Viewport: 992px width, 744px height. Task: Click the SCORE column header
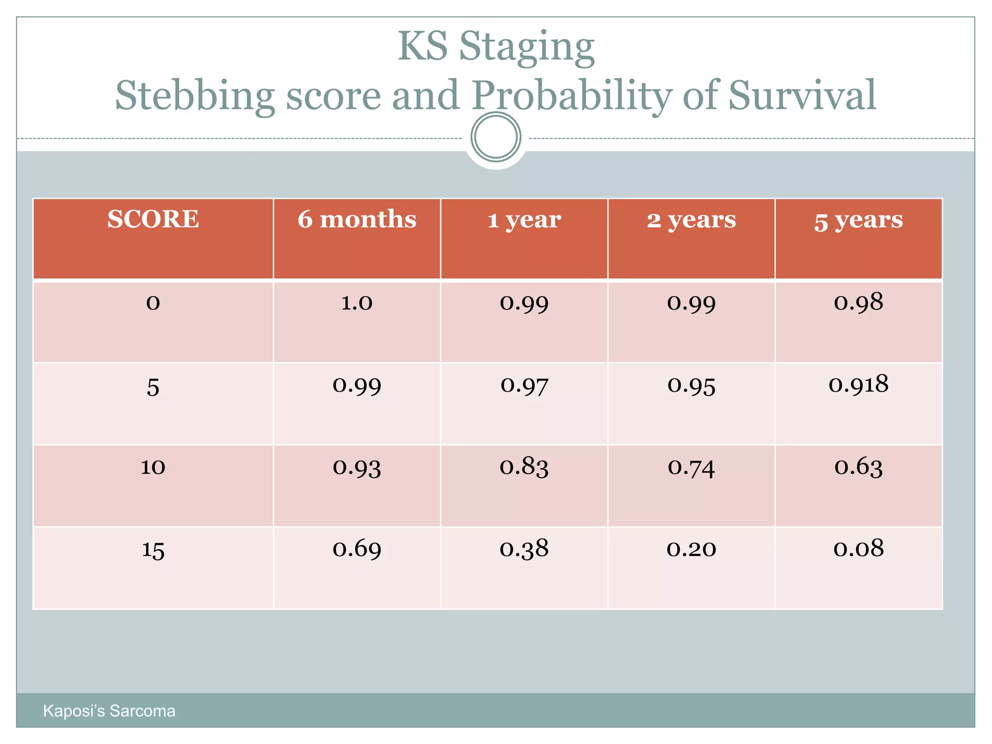point(153,219)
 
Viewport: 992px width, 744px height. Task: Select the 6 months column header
point(357,219)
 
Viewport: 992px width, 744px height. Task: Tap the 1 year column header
point(524,220)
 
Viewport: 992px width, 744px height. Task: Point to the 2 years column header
point(691,220)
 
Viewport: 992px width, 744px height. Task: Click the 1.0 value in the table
point(357,303)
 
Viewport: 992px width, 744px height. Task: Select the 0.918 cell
point(858,385)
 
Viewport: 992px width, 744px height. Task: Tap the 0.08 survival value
point(858,548)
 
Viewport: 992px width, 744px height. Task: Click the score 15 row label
point(153,550)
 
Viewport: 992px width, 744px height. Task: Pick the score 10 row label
point(153,467)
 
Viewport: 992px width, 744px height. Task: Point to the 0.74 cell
point(691,467)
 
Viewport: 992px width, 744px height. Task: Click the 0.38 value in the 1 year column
point(524,549)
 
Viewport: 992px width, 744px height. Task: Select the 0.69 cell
point(357,549)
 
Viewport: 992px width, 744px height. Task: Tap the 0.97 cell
point(524,386)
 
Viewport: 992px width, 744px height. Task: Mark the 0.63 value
point(858,467)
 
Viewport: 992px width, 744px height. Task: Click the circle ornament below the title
point(496,137)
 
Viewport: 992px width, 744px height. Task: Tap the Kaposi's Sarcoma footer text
point(109,711)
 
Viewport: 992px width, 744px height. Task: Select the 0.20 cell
point(691,549)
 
